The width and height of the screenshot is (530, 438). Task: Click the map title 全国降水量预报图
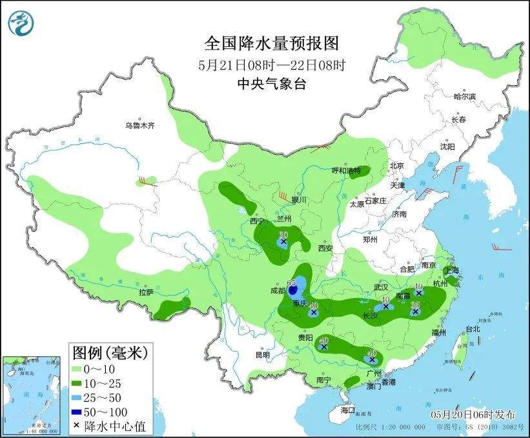(x=271, y=43)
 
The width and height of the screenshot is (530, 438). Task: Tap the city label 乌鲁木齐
(x=140, y=125)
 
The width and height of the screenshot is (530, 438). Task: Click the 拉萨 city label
(x=145, y=292)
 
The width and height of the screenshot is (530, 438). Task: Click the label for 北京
(x=396, y=166)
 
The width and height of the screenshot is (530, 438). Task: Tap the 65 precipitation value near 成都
(x=291, y=283)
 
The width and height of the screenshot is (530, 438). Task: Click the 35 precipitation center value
(x=416, y=304)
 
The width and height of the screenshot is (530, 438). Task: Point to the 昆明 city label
(x=262, y=354)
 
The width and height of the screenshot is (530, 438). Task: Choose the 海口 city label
(x=348, y=410)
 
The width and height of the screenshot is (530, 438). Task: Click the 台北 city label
(x=473, y=328)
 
